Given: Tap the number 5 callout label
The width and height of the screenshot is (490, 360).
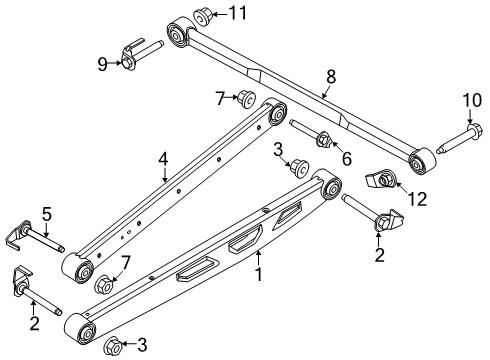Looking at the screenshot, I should [x=46, y=212].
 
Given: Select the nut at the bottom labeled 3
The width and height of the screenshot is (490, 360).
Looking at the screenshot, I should [x=113, y=345].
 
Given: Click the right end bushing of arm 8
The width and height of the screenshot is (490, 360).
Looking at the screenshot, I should [x=417, y=158].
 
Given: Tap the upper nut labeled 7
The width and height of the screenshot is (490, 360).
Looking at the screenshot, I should [x=243, y=98].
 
